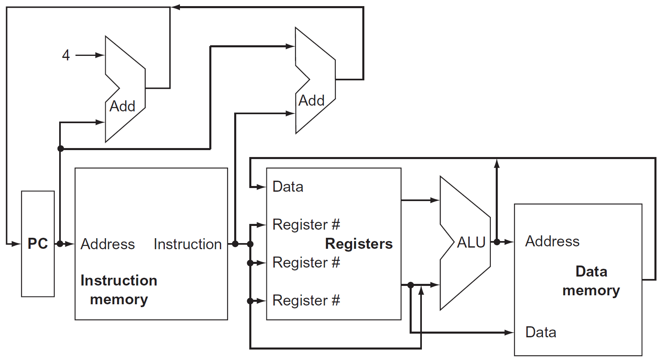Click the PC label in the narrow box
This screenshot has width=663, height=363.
click(x=38, y=243)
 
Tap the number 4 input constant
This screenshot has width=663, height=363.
click(x=66, y=55)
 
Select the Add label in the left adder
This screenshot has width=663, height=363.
click(x=122, y=106)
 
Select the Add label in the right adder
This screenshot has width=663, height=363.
click(x=311, y=100)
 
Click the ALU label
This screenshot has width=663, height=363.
click(x=471, y=242)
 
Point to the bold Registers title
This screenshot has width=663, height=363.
click(x=359, y=243)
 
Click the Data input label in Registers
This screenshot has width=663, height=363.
click(x=288, y=187)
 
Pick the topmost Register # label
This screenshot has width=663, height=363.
click(x=306, y=224)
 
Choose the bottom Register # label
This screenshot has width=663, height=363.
click(x=306, y=301)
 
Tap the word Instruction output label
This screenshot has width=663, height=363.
click(x=188, y=244)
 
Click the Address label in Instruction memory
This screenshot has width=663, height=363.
click(x=108, y=244)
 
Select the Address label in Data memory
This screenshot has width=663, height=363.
click(x=552, y=241)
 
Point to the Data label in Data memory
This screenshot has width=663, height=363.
click(x=541, y=332)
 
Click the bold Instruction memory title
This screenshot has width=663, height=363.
click(x=119, y=290)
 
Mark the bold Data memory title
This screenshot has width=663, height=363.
click(x=591, y=281)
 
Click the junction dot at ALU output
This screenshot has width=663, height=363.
click(x=497, y=242)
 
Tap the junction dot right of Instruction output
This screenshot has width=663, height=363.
click(x=235, y=244)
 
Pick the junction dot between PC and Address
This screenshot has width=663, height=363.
click(x=60, y=244)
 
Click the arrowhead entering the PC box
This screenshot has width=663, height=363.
click(x=17, y=244)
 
